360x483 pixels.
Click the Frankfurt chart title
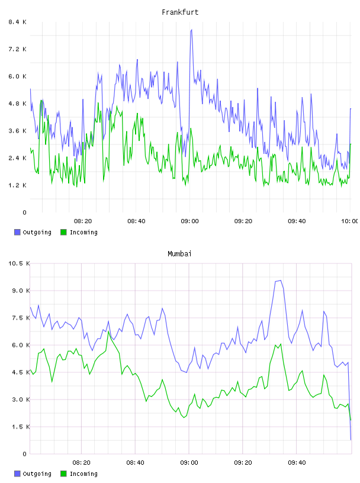pyautogui.click(x=180, y=12)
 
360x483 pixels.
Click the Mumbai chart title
pyautogui.click(x=179, y=254)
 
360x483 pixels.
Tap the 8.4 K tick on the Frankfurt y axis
pyautogui.click(x=17, y=22)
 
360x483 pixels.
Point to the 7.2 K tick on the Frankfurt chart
pyautogui.click(x=17, y=49)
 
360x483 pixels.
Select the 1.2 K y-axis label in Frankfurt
pyautogui.click(x=17, y=185)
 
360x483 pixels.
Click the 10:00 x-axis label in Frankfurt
pyautogui.click(x=350, y=221)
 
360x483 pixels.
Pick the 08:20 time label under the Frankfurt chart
pyautogui.click(x=83, y=221)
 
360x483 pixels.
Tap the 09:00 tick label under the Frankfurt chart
pyautogui.click(x=190, y=221)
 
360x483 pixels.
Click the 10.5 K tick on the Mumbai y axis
pyautogui.click(x=19, y=263)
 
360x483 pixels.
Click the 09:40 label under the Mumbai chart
pyautogui.click(x=297, y=463)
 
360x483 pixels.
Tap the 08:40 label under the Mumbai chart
pyautogui.click(x=136, y=463)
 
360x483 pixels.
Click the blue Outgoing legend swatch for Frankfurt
pyautogui.click(x=17, y=232)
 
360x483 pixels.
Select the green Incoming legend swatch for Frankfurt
pyautogui.click(x=63, y=232)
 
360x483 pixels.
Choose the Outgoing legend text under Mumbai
pyautogui.click(x=37, y=474)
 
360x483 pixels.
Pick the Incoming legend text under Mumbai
pyautogui.click(x=83, y=474)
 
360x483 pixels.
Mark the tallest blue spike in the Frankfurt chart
pyautogui.click(x=191, y=30)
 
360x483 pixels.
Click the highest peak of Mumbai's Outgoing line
pyautogui.click(x=280, y=281)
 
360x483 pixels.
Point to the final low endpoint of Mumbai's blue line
pyautogui.click(x=351, y=440)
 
